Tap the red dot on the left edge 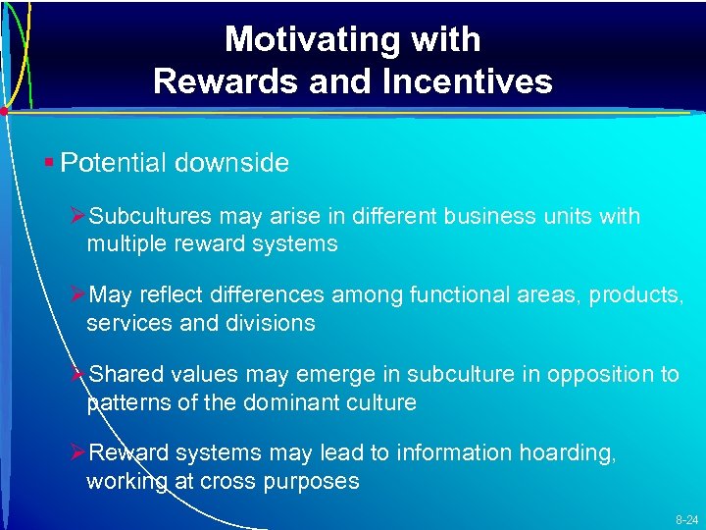click(4, 112)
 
